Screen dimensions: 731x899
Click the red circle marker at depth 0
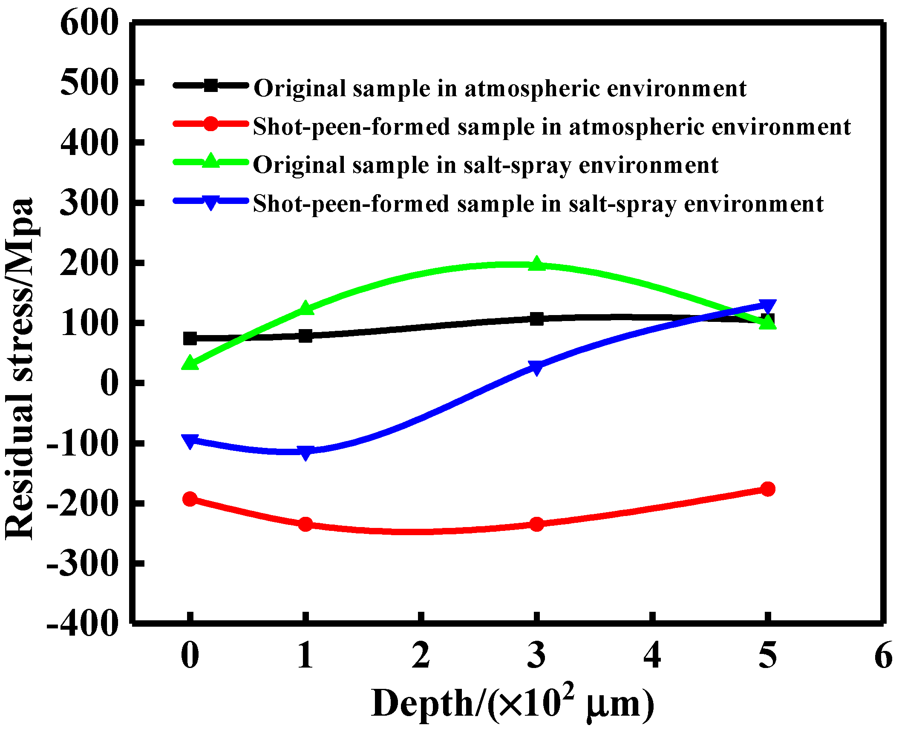[190, 499]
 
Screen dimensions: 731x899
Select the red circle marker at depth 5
[768, 489]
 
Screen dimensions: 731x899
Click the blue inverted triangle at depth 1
[305, 452]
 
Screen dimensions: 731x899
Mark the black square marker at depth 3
[537, 318]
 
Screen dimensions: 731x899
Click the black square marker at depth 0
[190, 338]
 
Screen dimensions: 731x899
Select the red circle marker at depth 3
[537, 524]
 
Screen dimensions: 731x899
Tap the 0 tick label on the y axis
[109, 383]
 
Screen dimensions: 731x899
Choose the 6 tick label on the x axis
[883, 656]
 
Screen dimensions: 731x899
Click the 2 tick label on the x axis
[421, 656]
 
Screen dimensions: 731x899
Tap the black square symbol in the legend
[210, 86]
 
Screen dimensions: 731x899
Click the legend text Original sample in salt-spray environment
[486, 165]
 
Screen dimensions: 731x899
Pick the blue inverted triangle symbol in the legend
[210, 202]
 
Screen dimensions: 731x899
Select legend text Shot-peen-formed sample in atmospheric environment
[552, 127]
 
